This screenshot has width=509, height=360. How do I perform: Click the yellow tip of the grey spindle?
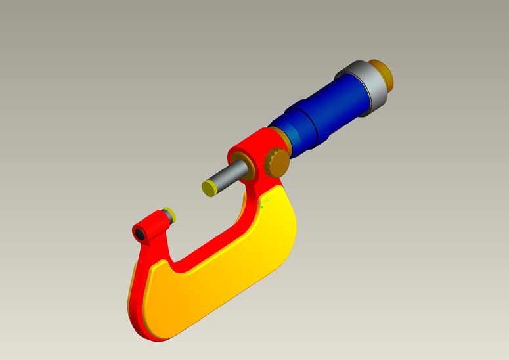210,189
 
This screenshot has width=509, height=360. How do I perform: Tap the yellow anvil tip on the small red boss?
169,214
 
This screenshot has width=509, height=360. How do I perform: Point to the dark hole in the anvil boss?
140,233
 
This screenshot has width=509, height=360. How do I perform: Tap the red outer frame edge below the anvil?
135,282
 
